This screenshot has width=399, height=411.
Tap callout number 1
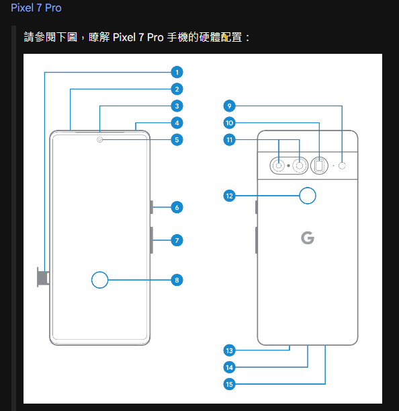click(177, 72)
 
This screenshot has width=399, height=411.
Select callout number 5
click(177, 140)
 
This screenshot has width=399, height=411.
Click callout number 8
click(177, 280)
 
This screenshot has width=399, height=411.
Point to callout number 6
click(177, 207)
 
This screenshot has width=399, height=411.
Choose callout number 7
click(177, 240)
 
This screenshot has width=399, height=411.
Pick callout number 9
click(229, 106)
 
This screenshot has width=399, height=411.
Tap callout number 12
click(229, 196)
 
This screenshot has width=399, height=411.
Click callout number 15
click(229, 384)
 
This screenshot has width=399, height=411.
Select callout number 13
click(229, 350)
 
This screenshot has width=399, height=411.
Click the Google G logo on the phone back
click(308, 237)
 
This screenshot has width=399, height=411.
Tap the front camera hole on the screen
click(100, 140)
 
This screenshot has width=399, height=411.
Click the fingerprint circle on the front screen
click(99, 280)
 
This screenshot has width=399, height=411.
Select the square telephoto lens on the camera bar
click(320, 165)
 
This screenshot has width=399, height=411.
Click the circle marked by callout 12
click(308, 196)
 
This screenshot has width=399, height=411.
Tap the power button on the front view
click(152, 207)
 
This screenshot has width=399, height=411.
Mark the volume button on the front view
click(152, 240)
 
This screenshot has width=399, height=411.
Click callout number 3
click(177, 106)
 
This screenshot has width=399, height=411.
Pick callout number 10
click(229, 123)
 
